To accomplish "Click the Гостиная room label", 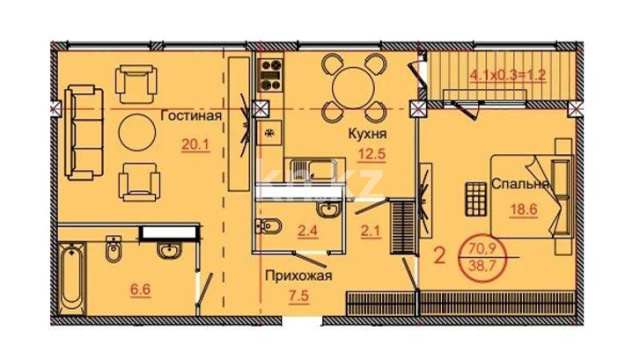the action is point(191,116).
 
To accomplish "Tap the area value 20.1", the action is point(195,144).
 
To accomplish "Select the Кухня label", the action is point(367,133).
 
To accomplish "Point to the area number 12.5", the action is point(371,154).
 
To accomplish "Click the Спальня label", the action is point(520,184).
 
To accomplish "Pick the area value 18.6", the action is point(524,209).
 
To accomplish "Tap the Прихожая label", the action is point(299,276).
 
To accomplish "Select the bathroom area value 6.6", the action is point(140,290).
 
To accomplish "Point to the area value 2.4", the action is point(308,231).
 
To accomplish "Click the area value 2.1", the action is point(371,231).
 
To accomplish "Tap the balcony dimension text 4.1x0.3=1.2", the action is point(508,76).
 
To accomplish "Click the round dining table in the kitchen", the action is point(353,88).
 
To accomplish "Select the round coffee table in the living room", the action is point(137,132).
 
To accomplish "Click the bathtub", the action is point(72,279).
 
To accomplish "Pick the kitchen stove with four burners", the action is point(271,75).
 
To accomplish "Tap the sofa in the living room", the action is point(83,133).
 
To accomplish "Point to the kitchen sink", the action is point(313,169).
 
